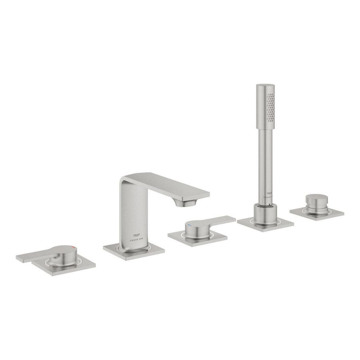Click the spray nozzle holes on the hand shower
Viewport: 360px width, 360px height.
pyautogui.click(x=271, y=106)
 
